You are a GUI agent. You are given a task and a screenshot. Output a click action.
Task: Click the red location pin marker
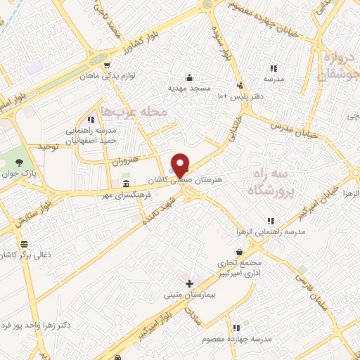pyautogui.click(x=181, y=165)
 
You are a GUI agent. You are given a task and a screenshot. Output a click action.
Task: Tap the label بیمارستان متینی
pyautogui.click(x=188, y=296)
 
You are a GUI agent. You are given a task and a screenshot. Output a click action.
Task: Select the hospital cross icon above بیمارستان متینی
pyautogui.click(x=188, y=283)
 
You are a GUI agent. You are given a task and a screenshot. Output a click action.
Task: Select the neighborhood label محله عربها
pyautogui.click(x=134, y=111)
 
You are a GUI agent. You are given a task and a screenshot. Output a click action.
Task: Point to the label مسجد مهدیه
pyautogui.click(x=188, y=89)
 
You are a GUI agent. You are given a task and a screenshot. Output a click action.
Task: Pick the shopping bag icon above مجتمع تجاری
pyautogui.click(x=240, y=251)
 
